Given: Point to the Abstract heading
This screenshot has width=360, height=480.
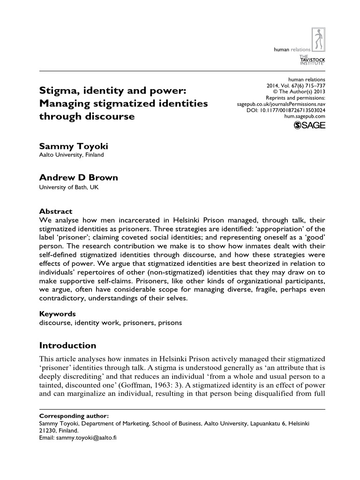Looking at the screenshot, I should [55, 211].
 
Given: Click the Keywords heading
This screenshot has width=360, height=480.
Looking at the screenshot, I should [57, 314].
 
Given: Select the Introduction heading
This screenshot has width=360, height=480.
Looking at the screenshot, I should [67, 346].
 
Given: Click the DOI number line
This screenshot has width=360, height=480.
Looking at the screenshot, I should [285, 110].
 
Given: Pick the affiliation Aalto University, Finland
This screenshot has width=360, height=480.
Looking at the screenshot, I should [71, 155].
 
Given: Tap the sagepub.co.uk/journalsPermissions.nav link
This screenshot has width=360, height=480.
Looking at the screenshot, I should [281, 104].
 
